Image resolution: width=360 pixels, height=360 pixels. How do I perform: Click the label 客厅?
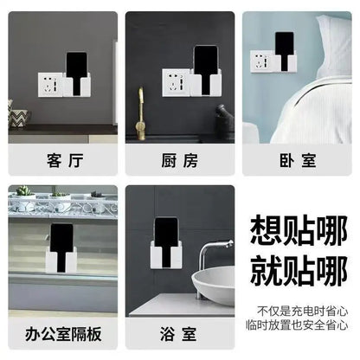62,160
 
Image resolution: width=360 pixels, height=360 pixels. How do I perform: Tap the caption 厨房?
179,160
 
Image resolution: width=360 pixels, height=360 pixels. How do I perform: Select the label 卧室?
297,160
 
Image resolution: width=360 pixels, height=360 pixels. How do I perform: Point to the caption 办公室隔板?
62,331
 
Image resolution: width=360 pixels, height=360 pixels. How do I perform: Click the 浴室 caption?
179,331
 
